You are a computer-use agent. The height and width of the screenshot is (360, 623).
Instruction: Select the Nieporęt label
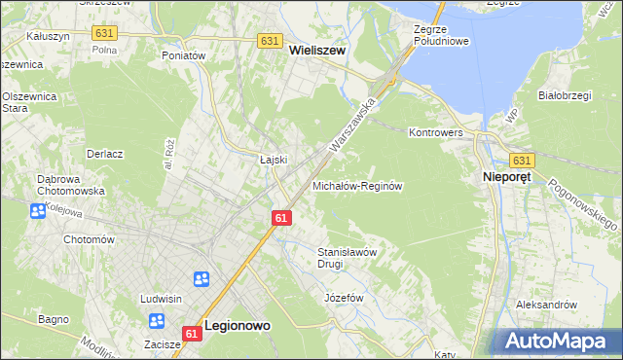[509, 178]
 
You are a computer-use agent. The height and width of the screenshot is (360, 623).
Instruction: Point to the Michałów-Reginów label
[357, 185]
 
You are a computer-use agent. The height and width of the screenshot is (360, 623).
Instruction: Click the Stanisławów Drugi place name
[348, 257]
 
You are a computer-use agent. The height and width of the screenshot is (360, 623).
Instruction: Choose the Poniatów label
[184, 55]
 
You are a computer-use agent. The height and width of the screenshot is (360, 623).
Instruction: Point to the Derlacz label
[103, 154]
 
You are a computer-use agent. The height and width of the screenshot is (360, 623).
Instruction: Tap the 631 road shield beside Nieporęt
[522, 160]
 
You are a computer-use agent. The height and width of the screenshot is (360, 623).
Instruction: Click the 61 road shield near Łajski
[280, 218]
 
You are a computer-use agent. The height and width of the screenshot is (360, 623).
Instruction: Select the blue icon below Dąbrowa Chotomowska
[38, 211]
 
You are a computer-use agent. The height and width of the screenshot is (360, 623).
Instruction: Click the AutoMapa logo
[559, 342]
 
